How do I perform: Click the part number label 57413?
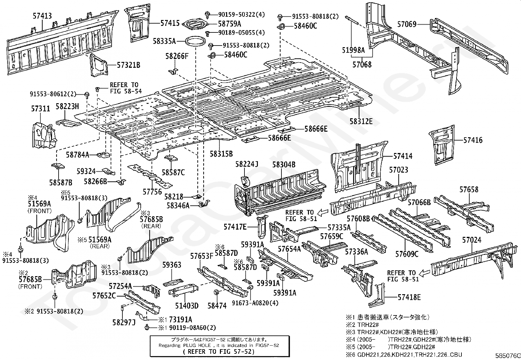tap(42, 16)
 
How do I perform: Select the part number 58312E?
tap(361, 121)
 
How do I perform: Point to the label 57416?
tap(473, 140)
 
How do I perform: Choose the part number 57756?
tap(152, 192)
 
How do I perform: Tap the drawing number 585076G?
tap(508, 356)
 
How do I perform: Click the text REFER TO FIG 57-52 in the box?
tap(219, 351)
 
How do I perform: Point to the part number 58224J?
tap(246, 164)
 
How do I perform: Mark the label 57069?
tap(407, 24)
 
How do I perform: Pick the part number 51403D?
tap(187, 306)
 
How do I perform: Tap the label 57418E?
tap(409, 297)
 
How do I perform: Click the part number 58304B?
tap(284, 165)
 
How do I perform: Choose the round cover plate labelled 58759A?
tap(194, 24)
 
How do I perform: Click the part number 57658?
tap(469, 190)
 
